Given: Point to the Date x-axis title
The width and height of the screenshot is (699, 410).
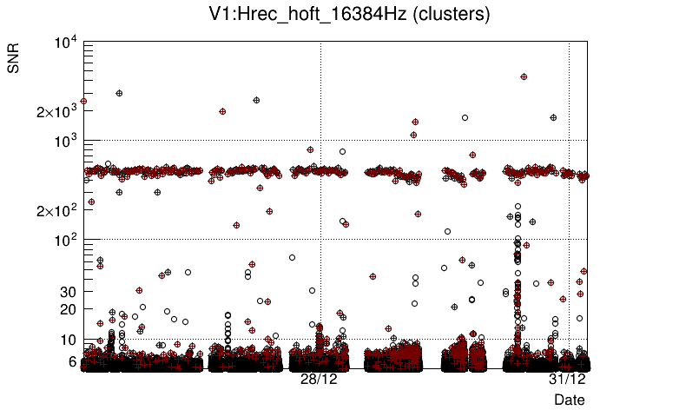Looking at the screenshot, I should pyautogui.click(x=570, y=399).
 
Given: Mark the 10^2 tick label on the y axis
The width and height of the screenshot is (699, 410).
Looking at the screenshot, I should pyautogui.click(x=65, y=240).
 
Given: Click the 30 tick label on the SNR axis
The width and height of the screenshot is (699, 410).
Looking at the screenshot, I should pyautogui.click(x=69, y=292).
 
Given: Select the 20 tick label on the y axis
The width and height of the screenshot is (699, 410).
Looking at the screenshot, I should pyautogui.click(x=69, y=309).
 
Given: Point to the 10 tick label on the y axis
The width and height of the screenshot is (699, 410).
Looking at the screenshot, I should pyautogui.click(x=69, y=340).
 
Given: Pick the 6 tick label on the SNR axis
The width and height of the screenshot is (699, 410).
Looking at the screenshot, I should pyautogui.click(x=72, y=361).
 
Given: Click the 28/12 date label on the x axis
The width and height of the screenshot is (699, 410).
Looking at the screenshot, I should pyautogui.click(x=319, y=380).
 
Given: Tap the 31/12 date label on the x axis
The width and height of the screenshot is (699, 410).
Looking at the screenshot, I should pyautogui.click(x=567, y=380).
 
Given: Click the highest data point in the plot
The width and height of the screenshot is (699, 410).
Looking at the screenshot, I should pyautogui.click(x=524, y=77).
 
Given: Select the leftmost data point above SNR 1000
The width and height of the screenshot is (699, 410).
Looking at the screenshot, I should pyautogui.click(x=83, y=102).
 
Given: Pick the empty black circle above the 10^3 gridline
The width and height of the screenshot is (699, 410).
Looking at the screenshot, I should pyautogui.click(x=465, y=117).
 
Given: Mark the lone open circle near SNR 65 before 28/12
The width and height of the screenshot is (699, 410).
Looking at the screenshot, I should pyautogui.click(x=292, y=257).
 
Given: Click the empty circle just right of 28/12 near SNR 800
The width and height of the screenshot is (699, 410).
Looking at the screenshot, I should pyautogui.click(x=341, y=151).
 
